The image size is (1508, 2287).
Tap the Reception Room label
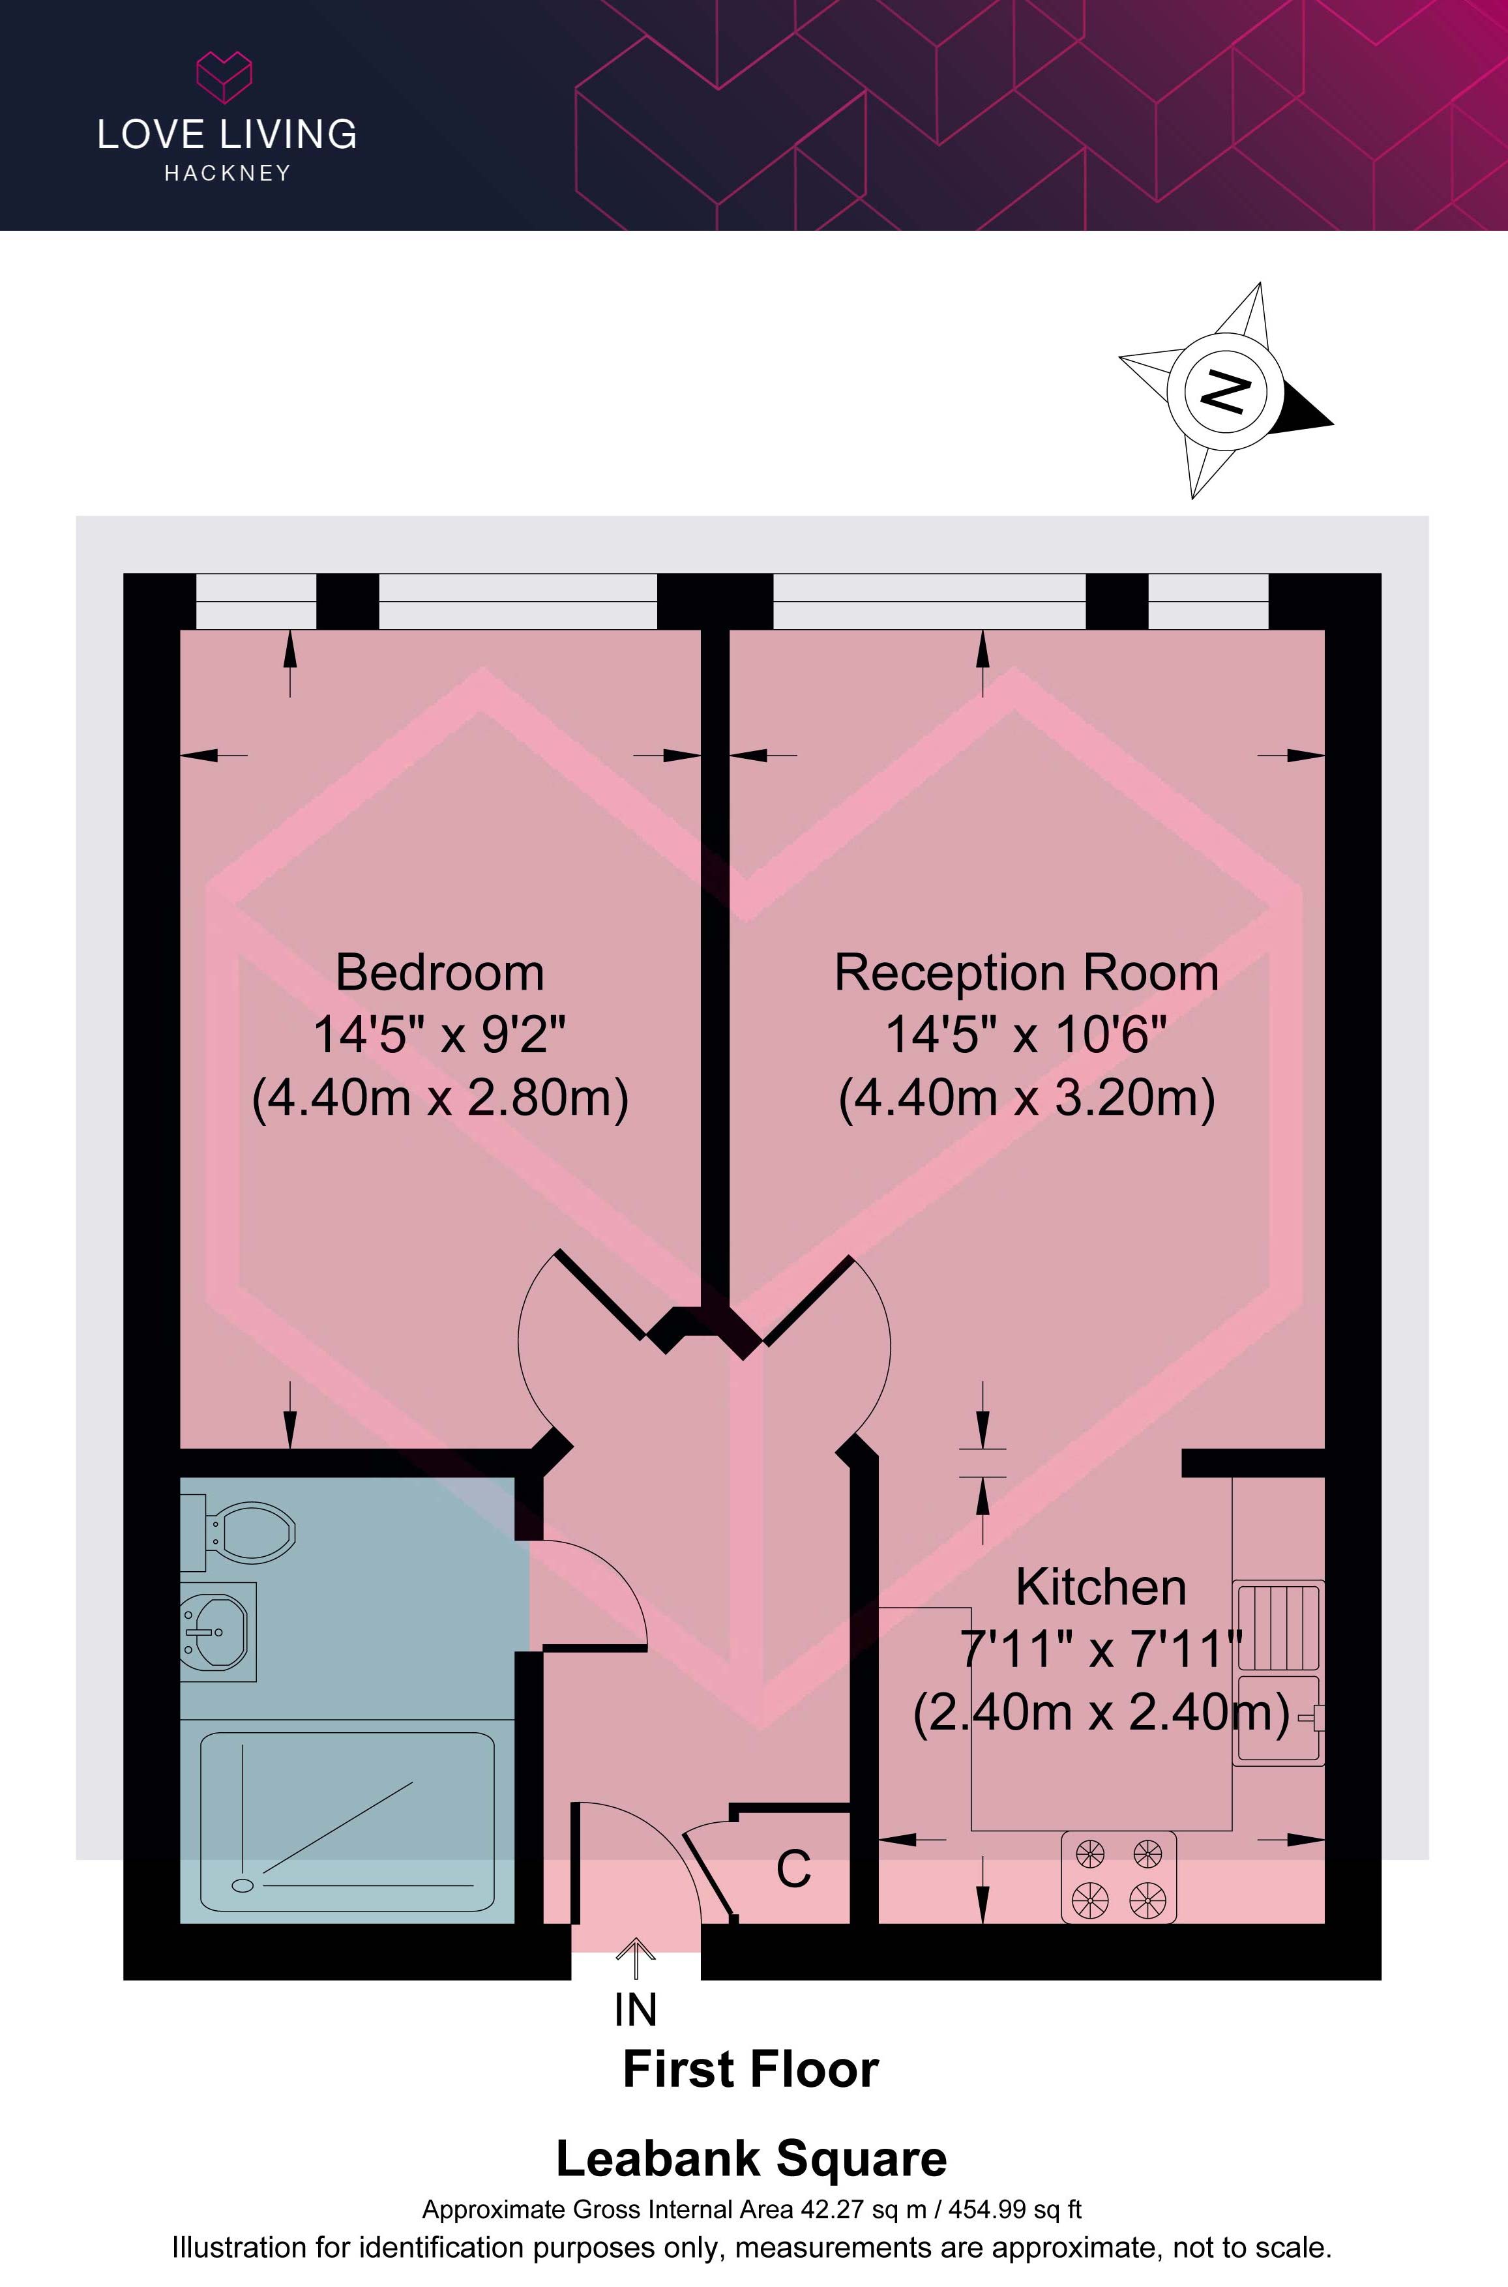coord(1026,973)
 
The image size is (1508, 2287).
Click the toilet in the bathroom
coord(241,1532)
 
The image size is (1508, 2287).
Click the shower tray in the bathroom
coord(347,1822)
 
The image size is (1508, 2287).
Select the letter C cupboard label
coord(793,1868)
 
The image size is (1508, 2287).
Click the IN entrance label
coord(636,2010)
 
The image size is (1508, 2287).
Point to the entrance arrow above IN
coord(636,1957)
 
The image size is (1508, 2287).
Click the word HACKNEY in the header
coord(227,173)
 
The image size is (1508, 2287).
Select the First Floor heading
coord(751,2070)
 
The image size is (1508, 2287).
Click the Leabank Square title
coord(751,2159)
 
